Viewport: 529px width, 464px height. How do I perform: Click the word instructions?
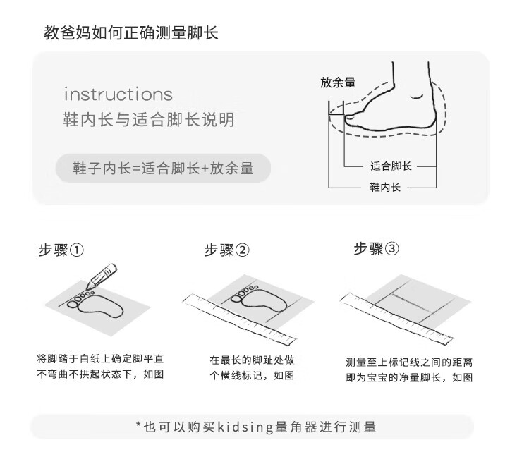(118, 94)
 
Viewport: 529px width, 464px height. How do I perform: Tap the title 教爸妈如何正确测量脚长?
(131, 33)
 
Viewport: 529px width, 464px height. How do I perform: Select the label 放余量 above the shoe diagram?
(338, 83)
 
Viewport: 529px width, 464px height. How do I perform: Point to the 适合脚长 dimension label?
(391, 166)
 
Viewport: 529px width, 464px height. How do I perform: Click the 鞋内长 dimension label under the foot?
(385, 187)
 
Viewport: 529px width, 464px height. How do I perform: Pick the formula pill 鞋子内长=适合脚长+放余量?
(164, 169)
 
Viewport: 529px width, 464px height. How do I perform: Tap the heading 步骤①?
(61, 250)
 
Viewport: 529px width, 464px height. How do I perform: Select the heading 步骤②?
(226, 250)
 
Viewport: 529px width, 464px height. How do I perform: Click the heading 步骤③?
(376, 249)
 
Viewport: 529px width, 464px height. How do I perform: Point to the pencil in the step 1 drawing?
(102, 276)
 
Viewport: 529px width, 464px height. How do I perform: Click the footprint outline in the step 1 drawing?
(95, 305)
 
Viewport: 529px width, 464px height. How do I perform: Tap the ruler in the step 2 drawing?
(239, 319)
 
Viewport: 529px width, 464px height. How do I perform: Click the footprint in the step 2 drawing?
(259, 298)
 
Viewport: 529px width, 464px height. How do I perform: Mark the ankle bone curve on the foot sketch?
(417, 97)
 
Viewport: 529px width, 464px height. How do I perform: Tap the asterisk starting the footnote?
(138, 425)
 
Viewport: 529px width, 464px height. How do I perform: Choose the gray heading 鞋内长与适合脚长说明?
(149, 120)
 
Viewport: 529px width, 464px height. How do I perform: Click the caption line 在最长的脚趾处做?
(252, 360)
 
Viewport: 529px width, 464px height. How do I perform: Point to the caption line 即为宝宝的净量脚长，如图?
(409, 377)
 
